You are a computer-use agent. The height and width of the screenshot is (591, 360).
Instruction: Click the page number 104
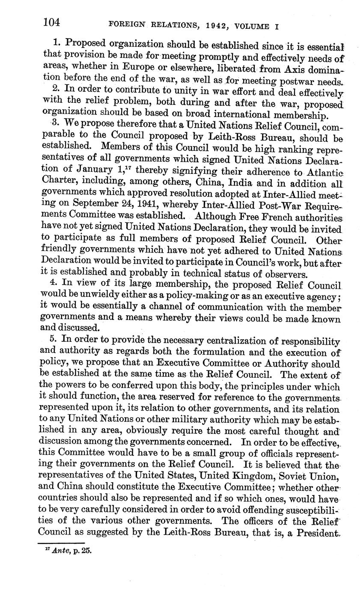(x=52, y=22)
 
